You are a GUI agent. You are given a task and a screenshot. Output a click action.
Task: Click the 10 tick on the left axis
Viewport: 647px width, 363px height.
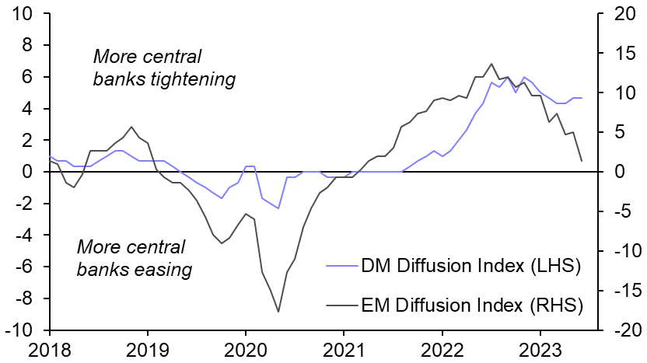coord(23,13)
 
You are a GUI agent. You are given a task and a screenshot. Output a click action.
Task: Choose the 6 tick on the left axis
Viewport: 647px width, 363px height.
coord(28,77)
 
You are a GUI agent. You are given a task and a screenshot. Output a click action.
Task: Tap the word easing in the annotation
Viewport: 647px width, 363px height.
coord(167,270)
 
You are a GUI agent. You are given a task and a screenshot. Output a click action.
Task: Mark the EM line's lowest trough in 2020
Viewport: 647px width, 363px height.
coord(278,312)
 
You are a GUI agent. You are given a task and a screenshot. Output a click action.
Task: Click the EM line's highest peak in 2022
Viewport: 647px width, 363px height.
coord(491,64)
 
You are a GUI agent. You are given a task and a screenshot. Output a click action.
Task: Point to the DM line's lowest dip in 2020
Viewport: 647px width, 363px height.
coord(278,208)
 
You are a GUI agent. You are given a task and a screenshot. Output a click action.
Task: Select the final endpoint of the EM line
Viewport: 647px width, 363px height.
coord(582,161)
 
